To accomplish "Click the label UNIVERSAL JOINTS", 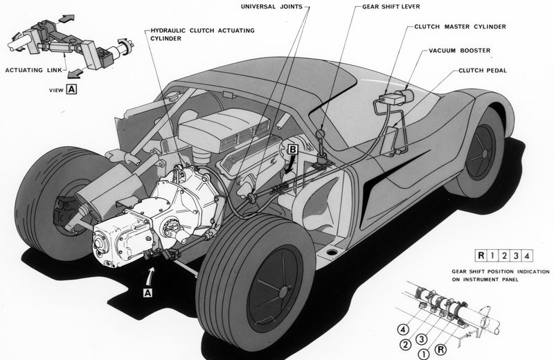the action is click(271, 7).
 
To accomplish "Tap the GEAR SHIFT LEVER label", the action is click(391, 7).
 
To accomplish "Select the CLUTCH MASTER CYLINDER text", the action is click(460, 26).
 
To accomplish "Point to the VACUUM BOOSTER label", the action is click(460, 51).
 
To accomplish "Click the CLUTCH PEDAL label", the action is click(483, 71).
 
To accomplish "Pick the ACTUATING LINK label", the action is click(33, 70).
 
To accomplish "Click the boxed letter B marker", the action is click(293, 150).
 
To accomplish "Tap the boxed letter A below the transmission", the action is click(148, 293).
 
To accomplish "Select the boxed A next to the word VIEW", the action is click(71, 89).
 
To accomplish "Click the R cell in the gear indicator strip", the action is click(481, 255).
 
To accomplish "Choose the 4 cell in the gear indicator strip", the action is click(527, 255).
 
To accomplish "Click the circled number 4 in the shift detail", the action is click(403, 330).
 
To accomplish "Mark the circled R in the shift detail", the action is click(440, 350).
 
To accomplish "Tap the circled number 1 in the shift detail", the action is click(424, 354).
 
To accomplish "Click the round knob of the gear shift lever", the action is click(321, 134).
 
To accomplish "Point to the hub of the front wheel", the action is click(484, 154).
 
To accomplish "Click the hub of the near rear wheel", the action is click(283, 292).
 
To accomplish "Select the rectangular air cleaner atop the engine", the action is click(224, 129).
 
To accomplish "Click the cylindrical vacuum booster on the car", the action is click(405, 96).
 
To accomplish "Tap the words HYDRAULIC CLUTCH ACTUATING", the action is click(202, 30).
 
